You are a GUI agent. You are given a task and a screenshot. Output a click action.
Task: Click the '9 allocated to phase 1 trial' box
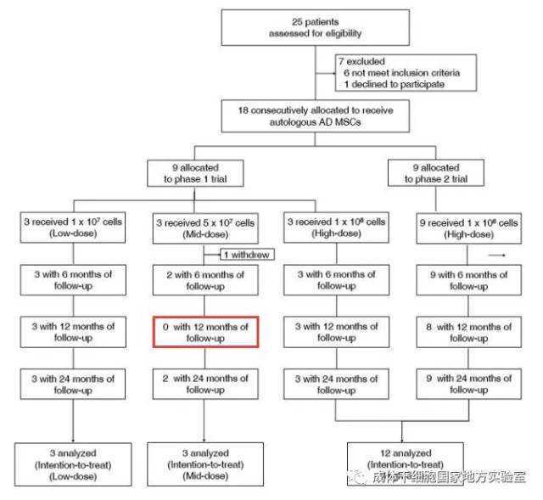point(194,174)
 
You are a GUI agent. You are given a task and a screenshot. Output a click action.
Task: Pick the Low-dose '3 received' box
point(73,228)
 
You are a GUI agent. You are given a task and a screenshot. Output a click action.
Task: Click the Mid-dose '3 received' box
point(204,228)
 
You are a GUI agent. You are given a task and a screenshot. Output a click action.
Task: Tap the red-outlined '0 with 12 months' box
point(204,331)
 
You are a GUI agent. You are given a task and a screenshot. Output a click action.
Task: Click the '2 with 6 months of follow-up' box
point(204,280)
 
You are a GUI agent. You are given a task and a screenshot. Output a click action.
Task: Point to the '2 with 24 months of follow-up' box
point(204,384)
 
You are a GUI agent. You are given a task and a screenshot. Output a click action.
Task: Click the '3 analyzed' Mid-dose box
point(204,463)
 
